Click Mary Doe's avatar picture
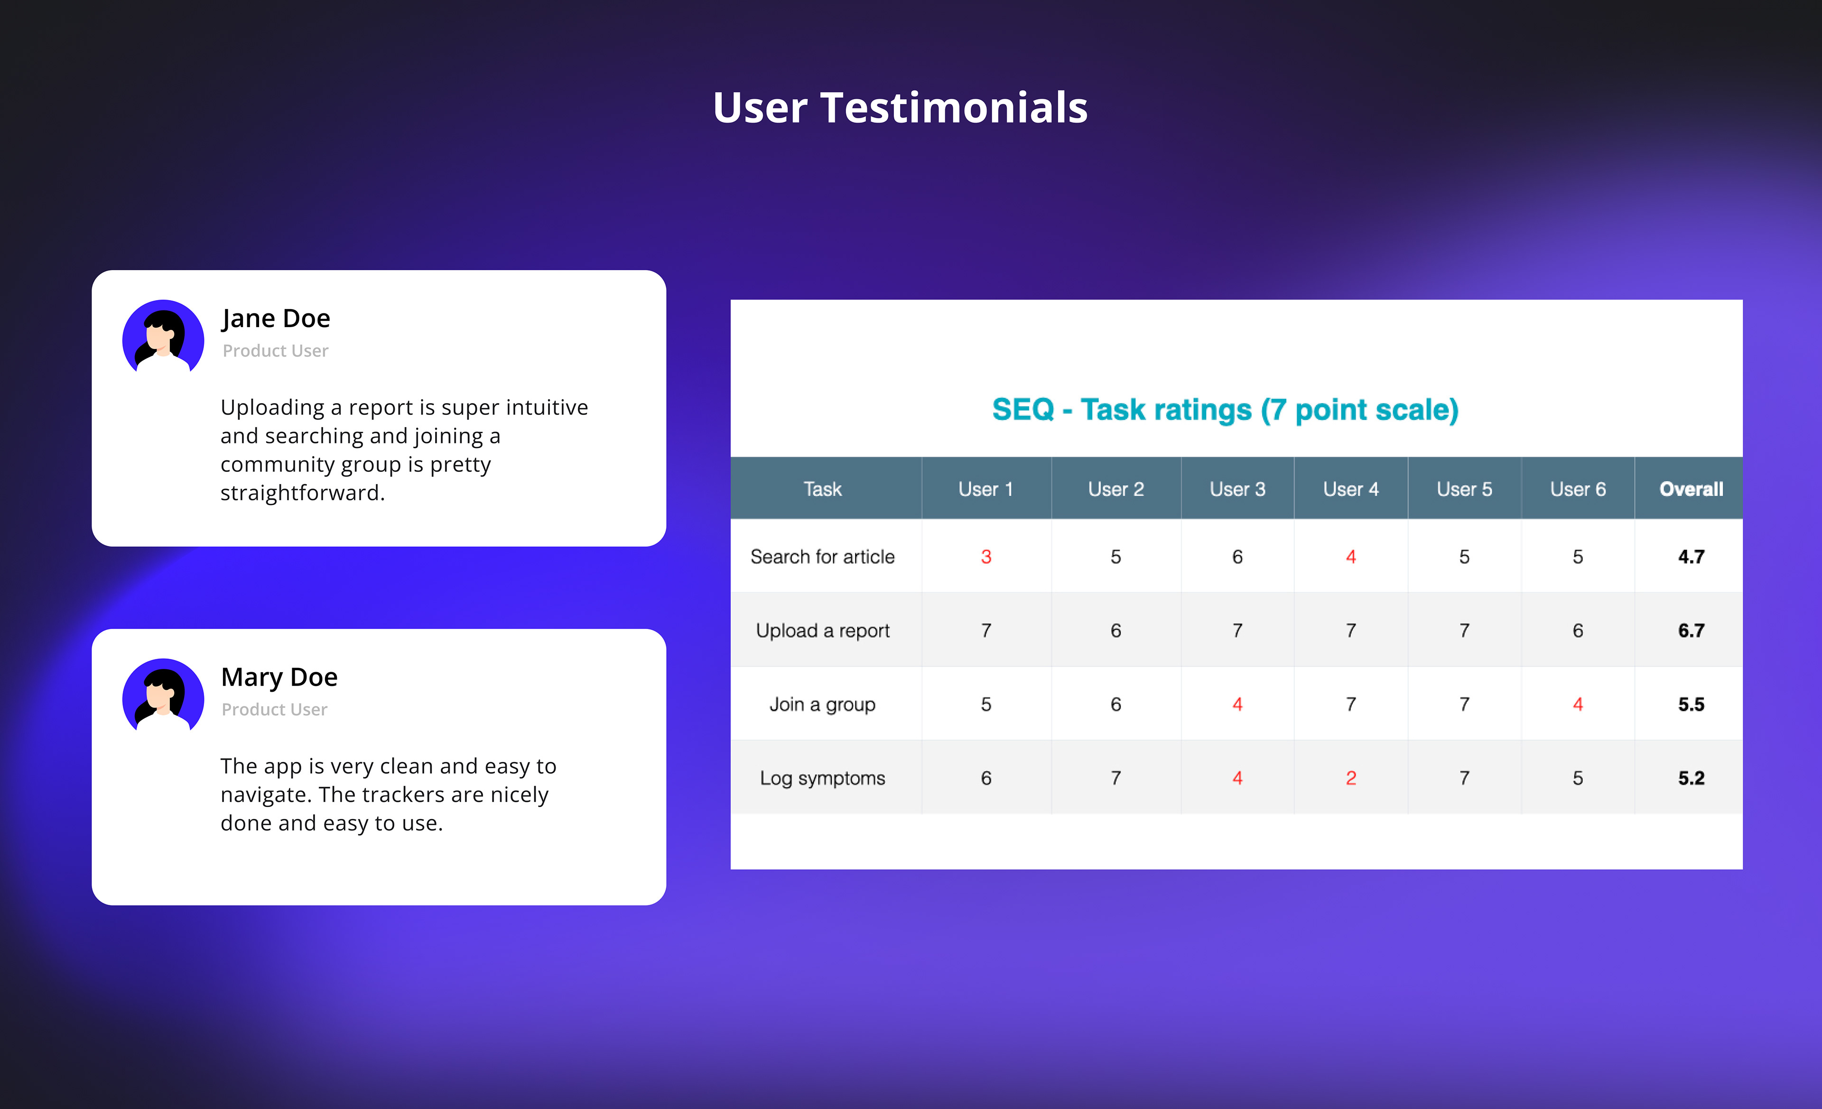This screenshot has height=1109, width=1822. tap(163, 695)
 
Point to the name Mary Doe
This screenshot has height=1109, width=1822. tap(279, 677)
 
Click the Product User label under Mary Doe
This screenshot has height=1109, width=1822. tap(274, 709)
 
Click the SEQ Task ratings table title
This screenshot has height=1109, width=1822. tap(1225, 410)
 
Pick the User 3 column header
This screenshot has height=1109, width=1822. tap(1237, 489)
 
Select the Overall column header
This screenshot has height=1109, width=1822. tap(1691, 489)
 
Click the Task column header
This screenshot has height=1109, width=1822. tap(822, 489)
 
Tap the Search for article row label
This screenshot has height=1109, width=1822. tap(822, 556)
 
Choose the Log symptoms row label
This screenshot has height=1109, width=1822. tap(822, 778)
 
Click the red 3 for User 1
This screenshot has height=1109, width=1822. tap(985, 556)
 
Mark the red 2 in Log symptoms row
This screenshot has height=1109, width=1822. tap(1350, 778)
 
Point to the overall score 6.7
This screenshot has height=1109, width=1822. tap(1691, 630)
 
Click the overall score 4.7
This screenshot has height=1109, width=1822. tap(1691, 556)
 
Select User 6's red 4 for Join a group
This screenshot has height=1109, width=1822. tap(1577, 705)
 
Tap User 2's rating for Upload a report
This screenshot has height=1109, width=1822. tap(1115, 630)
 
